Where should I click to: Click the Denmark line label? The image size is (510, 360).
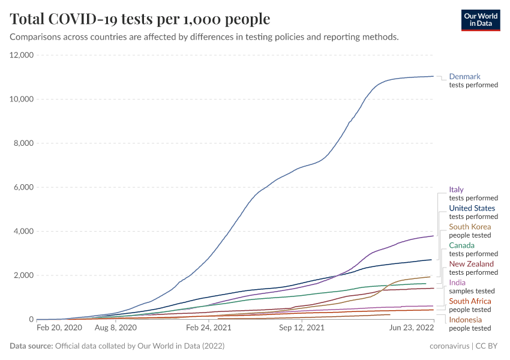click(x=465, y=77)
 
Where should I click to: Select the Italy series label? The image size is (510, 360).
click(x=456, y=190)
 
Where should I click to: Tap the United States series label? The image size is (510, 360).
click(x=472, y=208)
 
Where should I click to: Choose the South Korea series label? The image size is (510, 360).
click(x=470, y=227)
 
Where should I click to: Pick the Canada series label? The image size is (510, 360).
click(x=461, y=245)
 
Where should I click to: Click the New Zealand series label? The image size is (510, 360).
click(x=472, y=264)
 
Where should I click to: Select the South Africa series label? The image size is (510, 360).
click(x=470, y=301)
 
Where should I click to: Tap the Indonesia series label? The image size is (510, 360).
click(x=465, y=320)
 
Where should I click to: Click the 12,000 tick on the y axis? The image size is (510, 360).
click(x=22, y=55)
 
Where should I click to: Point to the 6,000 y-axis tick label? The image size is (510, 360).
click(x=24, y=187)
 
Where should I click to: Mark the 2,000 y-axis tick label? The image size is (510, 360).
click(x=24, y=275)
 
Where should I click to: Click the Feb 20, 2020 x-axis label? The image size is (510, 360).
click(x=59, y=328)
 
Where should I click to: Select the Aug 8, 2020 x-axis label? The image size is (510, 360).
click(x=116, y=328)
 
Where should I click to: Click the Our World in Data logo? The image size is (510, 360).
click(x=481, y=20)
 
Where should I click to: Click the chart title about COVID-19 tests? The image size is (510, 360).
click(x=140, y=19)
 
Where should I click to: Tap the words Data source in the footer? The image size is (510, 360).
click(x=31, y=346)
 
